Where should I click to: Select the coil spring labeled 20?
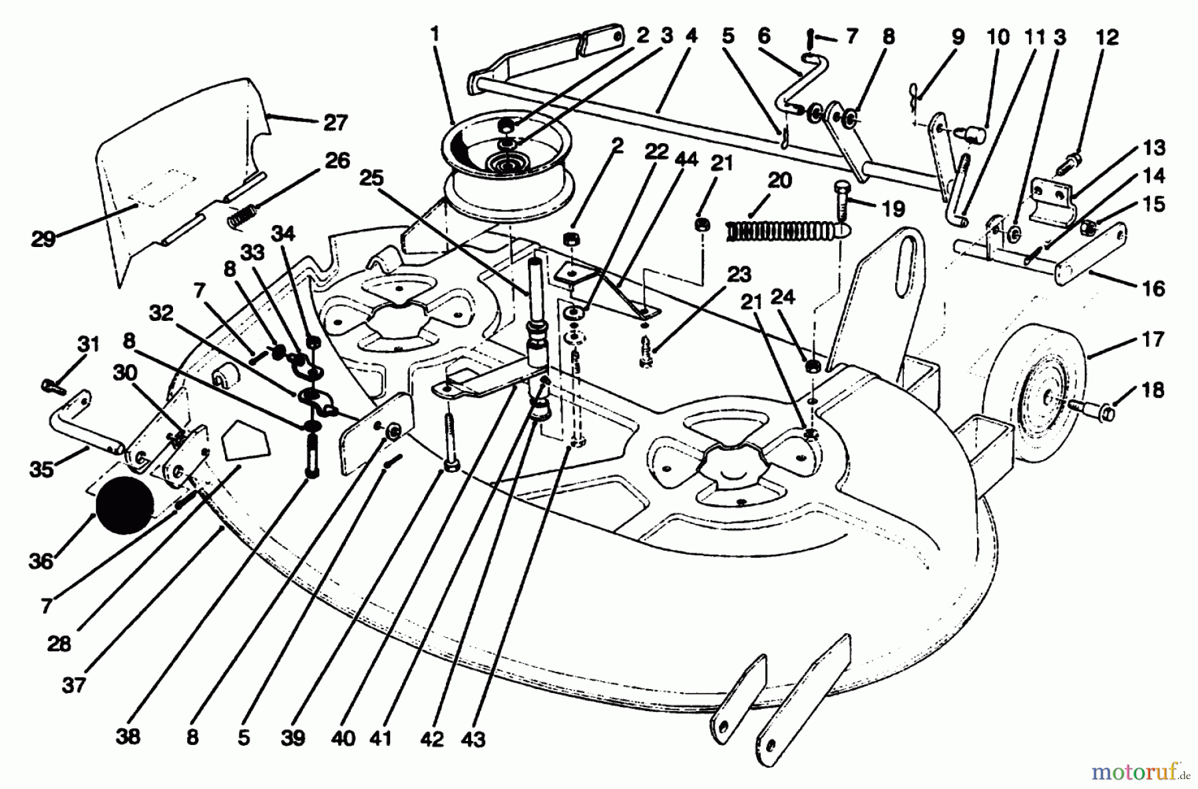(x=779, y=230)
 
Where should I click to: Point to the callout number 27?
(x=336, y=123)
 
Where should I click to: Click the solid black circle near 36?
(x=126, y=504)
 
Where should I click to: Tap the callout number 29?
(x=43, y=238)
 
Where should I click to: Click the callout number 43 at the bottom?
(x=473, y=738)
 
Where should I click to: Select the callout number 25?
(x=371, y=178)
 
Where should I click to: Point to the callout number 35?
(x=41, y=469)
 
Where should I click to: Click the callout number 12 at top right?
(x=1108, y=38)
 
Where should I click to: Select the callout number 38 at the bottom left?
(x=128, y=737)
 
